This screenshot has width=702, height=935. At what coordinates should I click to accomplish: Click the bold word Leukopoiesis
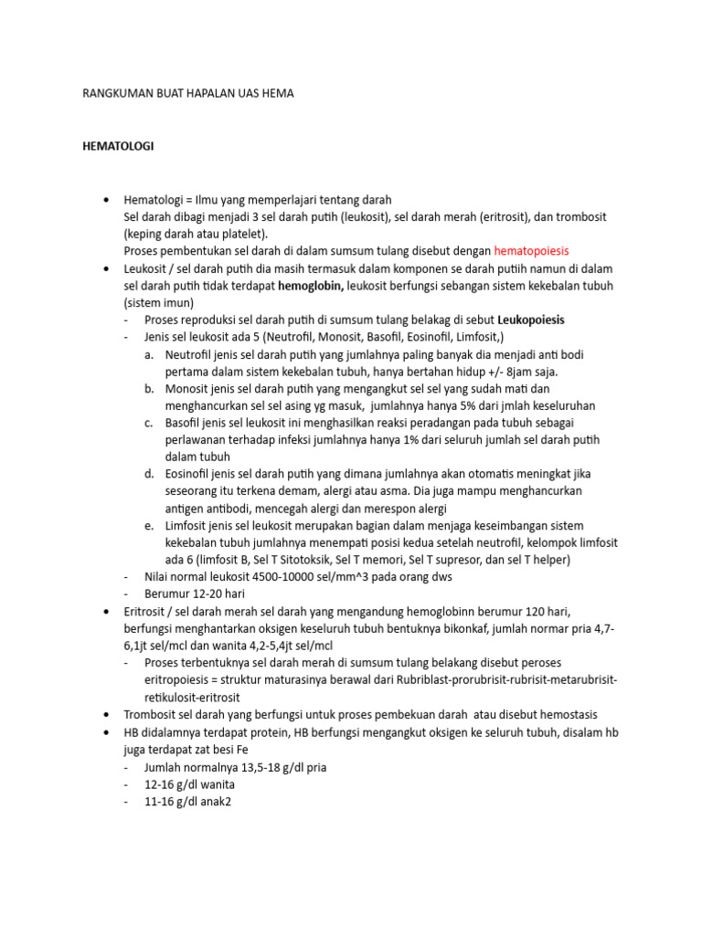pyautogui.click(x=531, y=320)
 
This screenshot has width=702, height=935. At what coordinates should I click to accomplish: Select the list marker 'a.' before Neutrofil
pyautogui.click(x=149, y=355)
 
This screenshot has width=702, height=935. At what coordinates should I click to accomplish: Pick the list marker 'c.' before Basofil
pyautogui.click(x=149, y=423)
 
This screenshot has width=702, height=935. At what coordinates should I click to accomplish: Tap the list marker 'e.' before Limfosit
pyautogui.click(x=149, y=526)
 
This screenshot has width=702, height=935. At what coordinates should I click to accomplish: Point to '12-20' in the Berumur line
pyautogui.click(x=203, y=594)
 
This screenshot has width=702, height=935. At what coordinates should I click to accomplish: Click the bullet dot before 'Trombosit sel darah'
pyautogui.click(x=108, y=715)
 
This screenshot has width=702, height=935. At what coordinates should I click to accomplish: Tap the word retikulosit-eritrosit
pyautogui.click(x=196, y=698)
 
